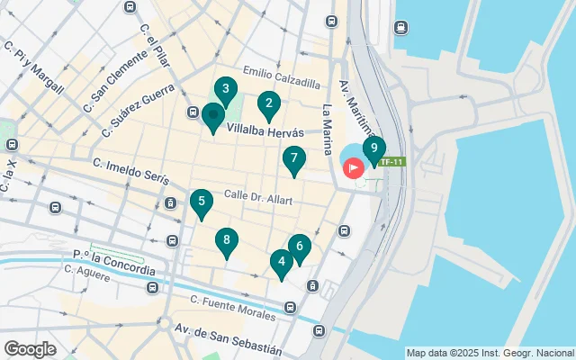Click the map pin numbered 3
225,89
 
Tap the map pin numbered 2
267,104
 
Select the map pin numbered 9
373,149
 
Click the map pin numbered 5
202,202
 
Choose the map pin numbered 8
226,240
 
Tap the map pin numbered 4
282,262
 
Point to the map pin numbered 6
300,247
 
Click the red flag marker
353,167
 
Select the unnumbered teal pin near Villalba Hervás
212,116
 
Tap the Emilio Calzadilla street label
281,79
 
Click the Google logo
30,348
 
